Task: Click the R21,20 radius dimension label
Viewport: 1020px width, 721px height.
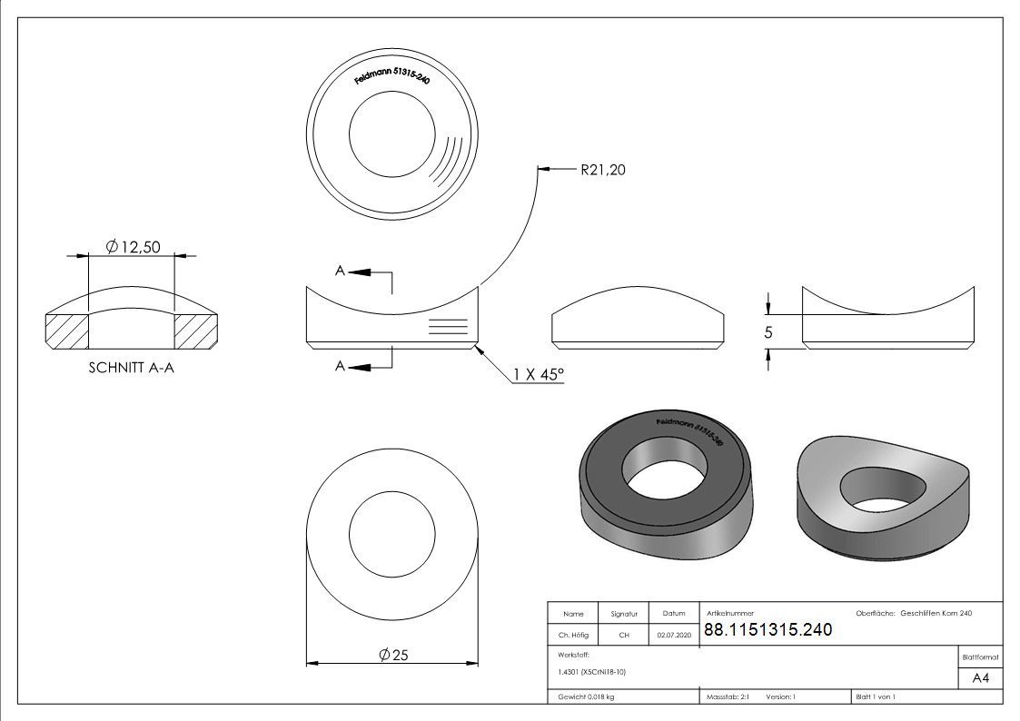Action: [603, 169]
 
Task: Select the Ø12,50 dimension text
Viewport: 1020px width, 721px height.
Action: [134, 246]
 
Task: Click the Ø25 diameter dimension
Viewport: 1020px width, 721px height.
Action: [393, 655]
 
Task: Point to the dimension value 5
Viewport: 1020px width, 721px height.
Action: [768, 332]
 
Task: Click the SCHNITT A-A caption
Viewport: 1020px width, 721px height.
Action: [131, 369]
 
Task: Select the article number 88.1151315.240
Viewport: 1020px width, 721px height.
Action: [767, 629]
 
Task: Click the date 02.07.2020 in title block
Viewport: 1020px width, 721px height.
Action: [674, 636]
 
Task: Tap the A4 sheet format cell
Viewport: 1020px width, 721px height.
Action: [980, 677]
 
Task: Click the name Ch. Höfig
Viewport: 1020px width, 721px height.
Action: [573, 636]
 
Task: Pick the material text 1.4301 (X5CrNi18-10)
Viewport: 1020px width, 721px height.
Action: [592, 672]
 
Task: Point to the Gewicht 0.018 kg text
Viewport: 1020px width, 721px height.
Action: [586, 696]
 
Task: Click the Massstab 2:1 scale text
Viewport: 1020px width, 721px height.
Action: [727, 696]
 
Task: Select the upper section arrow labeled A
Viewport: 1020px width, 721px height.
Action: [356, 272]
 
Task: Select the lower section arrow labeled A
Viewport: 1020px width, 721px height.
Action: [356, 366]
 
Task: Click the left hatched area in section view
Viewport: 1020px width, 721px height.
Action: [66, 331]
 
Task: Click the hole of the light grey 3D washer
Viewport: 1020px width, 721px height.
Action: [885, 488]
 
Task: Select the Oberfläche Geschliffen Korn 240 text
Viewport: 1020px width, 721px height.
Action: [914, 614]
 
